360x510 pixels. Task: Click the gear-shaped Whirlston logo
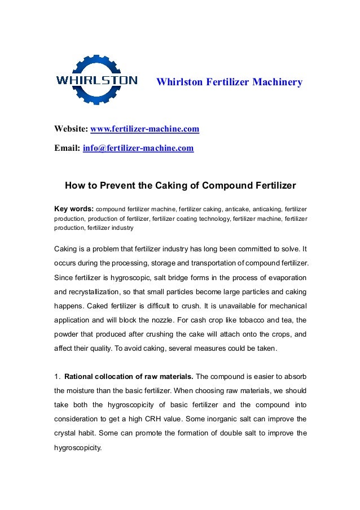click(96, 80)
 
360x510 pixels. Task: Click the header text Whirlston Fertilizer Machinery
click(229, 82)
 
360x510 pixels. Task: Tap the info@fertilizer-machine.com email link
click(138, 149)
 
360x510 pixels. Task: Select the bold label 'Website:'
click(71, 130)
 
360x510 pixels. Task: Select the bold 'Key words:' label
click(73, 208)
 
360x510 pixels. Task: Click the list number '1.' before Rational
click(57, 377)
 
